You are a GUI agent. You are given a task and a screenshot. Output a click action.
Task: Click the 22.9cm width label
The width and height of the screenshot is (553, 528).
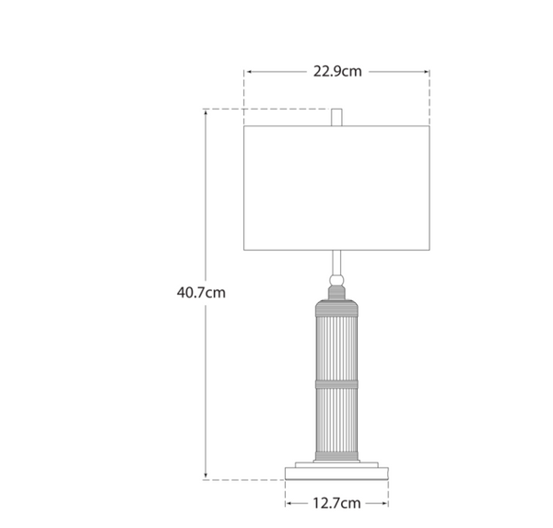tap(336, 70)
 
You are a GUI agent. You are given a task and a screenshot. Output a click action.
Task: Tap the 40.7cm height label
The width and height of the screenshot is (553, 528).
tap(201, 292)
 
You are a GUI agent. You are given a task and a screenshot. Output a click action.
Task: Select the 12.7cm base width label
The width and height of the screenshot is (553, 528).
tap(336, 503)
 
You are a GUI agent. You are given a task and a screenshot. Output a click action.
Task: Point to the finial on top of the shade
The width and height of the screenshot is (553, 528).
tap(336, 117)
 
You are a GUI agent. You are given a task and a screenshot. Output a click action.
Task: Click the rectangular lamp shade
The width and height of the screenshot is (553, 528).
tap(336, 188)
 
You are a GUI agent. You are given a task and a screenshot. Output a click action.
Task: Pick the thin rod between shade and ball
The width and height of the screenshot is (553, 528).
tap(336, 261)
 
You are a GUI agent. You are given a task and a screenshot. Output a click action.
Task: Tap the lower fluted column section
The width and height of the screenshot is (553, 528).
tap(336, 419)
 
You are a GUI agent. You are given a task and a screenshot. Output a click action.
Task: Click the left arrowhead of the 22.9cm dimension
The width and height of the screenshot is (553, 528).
tap(248, 71)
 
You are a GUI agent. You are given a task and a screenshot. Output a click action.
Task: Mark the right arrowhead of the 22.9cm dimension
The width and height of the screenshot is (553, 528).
tap(426, 71)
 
